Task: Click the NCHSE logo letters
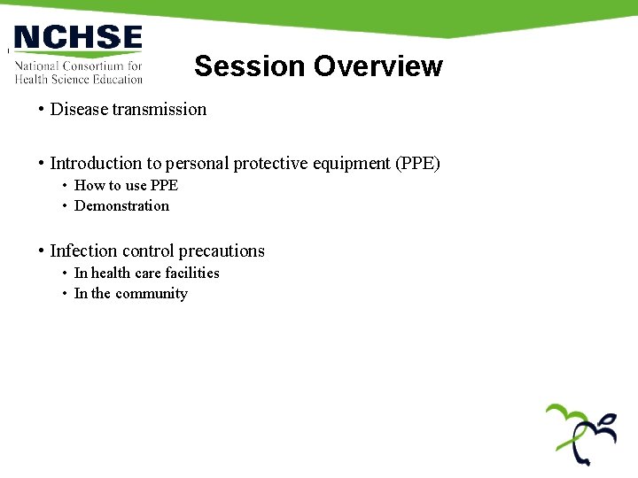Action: [78, 38]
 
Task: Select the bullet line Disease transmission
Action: [128, 110]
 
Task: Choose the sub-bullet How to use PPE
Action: [126, 185]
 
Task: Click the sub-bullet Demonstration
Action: [121, 206]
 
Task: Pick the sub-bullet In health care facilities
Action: [146, 274]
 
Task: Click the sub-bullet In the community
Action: [130, 294]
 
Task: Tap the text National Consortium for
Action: [78, 66]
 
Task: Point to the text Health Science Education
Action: [78, 79]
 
